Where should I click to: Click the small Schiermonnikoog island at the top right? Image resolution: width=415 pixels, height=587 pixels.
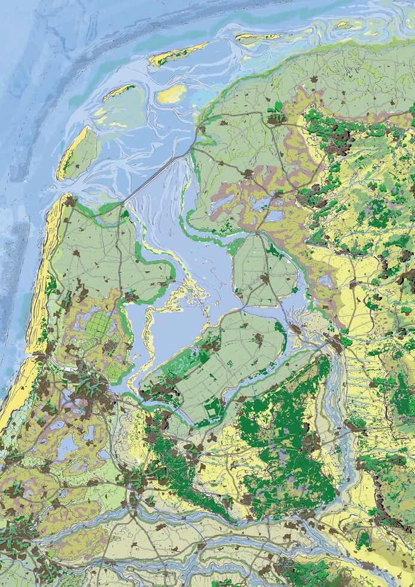tap(343, 25)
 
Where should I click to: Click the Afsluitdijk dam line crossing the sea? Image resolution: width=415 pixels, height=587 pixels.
tap(159, 174)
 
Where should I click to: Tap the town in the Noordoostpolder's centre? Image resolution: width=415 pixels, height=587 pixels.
tap(264, 278)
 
